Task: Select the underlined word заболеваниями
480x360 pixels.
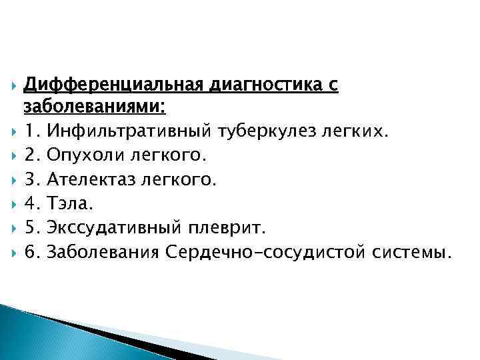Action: [94, 107]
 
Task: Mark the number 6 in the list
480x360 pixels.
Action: [29, 253]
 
